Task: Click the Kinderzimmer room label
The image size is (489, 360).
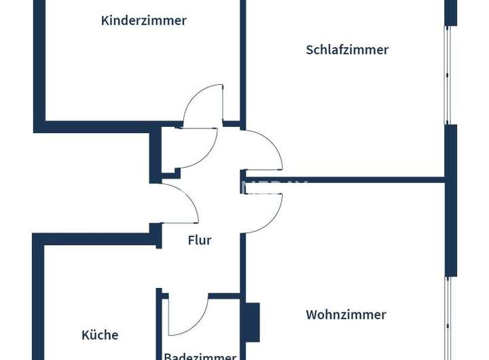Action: [143, 20]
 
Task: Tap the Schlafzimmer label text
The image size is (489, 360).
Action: [347, 50]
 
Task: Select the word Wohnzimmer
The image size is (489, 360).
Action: [346, 314]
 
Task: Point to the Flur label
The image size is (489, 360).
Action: [200, 240]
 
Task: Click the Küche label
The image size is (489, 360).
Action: [100, 335]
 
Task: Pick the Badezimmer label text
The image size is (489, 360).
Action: [200, 355]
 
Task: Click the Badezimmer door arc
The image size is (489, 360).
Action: [187, 316]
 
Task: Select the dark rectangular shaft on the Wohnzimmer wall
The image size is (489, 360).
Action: [252, 322]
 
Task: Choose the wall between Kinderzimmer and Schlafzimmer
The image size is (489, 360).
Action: [242, 61]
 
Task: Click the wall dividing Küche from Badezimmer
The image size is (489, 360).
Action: [159, 326]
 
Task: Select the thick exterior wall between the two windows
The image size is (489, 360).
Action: [451, 200]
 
